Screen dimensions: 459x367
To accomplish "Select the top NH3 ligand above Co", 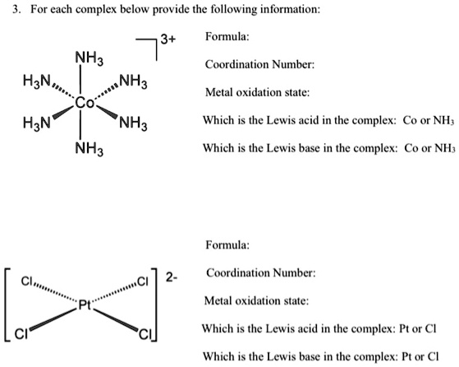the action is pos(87,59).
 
